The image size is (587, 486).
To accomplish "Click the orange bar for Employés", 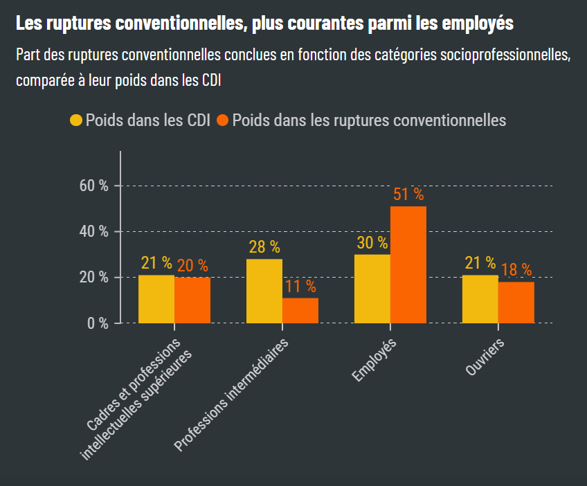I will [408, 264].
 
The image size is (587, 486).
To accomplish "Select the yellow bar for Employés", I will [372, 289].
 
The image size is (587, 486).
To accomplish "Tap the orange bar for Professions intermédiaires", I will [300, 310].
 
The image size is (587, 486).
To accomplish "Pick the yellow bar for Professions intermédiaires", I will [264, 291].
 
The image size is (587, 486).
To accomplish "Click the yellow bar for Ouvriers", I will [480, 299].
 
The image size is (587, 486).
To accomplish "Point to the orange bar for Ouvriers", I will [516, 303].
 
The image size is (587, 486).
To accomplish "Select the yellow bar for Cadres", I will [156, 299].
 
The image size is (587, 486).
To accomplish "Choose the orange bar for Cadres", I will [192, 300].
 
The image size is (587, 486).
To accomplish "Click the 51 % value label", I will [408, 195].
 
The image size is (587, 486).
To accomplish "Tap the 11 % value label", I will [300, 286].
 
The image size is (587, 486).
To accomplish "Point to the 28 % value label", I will [264, 246].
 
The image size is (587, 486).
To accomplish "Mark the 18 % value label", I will [516, 269].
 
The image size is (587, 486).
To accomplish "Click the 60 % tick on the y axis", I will [94, 186].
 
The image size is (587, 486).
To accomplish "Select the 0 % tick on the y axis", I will [98, 323].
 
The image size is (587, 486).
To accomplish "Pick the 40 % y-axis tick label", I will [94, 231].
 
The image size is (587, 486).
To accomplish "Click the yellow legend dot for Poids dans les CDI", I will [76, 120].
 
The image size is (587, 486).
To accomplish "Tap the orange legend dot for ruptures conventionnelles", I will [222, 120].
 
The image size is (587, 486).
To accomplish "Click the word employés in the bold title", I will [477, 24].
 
